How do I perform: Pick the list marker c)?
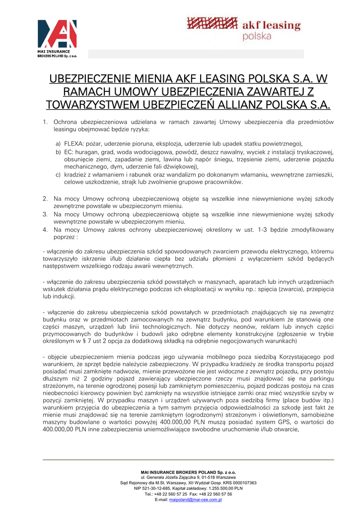(x=58, y=175)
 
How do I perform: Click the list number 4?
(x=45, y=230)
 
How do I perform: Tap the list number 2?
(x=45, y=198)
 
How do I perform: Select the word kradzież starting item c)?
(x=76, y=175)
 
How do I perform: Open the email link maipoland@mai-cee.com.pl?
(x=195, y=500)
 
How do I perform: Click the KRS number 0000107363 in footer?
(x=241, y=482)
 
